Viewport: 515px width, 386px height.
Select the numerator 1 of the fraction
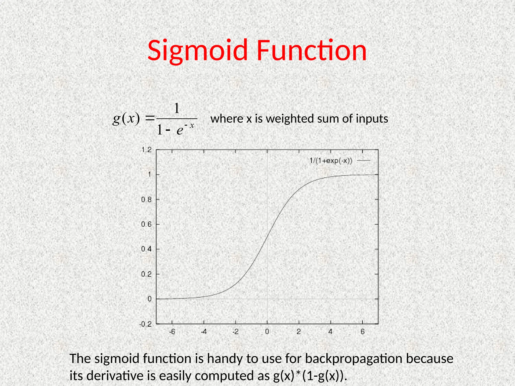(177, 108)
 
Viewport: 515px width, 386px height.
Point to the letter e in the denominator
(180, 130)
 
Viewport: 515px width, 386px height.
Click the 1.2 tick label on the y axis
(147, 150)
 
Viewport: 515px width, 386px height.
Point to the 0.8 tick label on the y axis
(146, 200)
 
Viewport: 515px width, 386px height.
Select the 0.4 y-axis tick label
(146, 249)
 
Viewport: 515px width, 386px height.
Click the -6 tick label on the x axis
(172, 332)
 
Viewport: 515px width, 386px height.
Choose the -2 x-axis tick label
(235, 332)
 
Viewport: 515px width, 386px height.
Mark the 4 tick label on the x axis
(330, 332)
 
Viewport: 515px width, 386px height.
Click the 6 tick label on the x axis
(362, 332)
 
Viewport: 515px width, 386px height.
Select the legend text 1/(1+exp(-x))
(331, 161)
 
